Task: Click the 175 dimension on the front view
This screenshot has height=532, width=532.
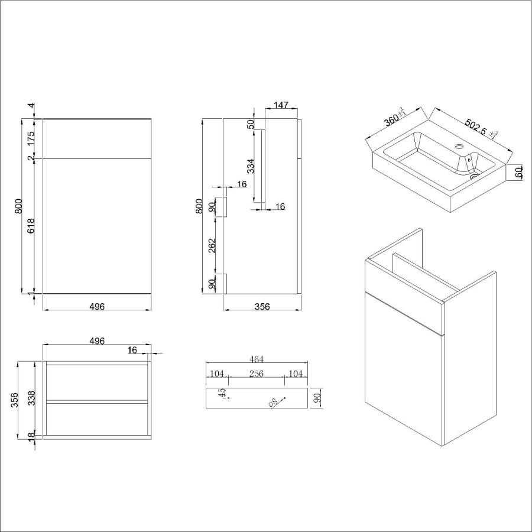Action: click(x=31, y=139)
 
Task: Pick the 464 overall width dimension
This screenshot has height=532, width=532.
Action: click(x=257, y=359)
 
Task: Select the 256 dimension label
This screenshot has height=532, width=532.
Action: click(x=257, y=374)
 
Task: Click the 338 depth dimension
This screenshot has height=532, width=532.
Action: click(x=31, y=397)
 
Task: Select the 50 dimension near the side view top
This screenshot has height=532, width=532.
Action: click(x=251, y=124)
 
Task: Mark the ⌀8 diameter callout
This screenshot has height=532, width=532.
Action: click(x=273, y=403)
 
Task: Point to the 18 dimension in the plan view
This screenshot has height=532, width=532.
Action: click(x=31, y=436)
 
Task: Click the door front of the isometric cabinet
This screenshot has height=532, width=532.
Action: click(x=404, y=372)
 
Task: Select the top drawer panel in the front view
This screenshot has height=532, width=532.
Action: click(x=97, y=139)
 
